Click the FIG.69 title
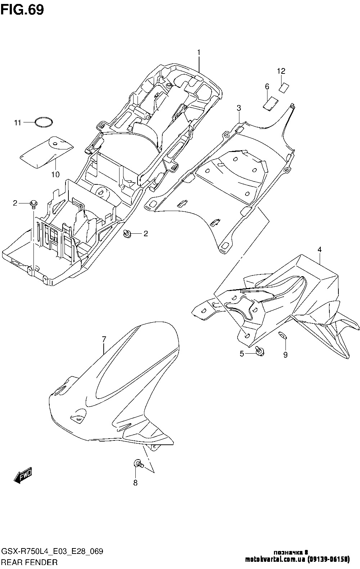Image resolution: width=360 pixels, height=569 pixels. [x=23, y=10]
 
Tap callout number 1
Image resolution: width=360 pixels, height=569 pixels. [x=199, y=52]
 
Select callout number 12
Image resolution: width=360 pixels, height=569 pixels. [x=281, y=71]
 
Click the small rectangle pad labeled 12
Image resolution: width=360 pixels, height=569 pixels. [x=284, y=88]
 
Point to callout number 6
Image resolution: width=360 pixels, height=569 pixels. [x=267, y=87]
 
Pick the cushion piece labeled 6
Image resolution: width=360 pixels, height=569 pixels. [x=271, y=104]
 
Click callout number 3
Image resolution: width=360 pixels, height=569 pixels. [x=239, y=108]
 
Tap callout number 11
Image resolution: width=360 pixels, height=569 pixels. [x=17, y=123]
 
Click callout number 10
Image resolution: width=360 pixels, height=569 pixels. [x=55, y=175]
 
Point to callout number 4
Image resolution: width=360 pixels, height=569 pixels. [x=320, y=250]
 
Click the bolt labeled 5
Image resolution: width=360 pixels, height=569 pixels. [x=260, y=351]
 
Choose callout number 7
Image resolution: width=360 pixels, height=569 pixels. [x=104, y=339]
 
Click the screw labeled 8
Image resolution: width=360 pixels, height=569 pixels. [x=139, y=464]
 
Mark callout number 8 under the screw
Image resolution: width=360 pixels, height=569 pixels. [x=135, y=483]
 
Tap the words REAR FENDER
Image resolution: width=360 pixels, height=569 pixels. [x=30, y=562]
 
